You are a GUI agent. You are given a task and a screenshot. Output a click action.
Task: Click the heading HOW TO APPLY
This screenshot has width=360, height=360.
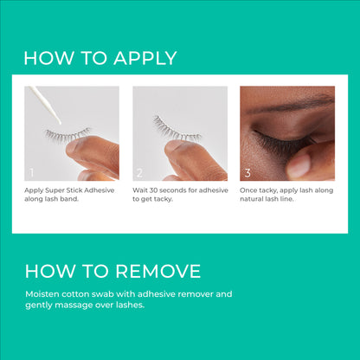point(100,58)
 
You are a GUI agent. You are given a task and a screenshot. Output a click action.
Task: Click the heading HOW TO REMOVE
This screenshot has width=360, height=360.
point(112,271)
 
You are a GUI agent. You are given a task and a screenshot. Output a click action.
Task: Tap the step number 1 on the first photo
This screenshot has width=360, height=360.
point(32,173)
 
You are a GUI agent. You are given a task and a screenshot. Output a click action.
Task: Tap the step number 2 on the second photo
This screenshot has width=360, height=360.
point(140,173)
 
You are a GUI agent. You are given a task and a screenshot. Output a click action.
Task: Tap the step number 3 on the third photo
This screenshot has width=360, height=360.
point(248,173)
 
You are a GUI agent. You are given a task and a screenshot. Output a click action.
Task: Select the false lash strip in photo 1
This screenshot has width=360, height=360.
point(68,134)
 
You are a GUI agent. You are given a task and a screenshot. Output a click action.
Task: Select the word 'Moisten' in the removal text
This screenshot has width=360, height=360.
point(41,294)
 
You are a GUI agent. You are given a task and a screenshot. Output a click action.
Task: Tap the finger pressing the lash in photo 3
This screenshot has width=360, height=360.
point(312,160)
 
